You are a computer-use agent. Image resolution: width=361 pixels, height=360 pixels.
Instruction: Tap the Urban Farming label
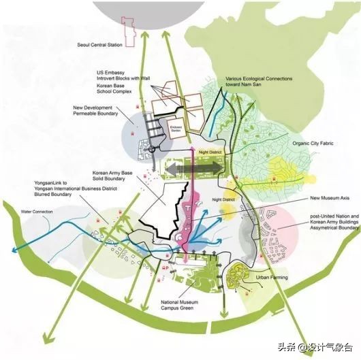click(x=270, y=278)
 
